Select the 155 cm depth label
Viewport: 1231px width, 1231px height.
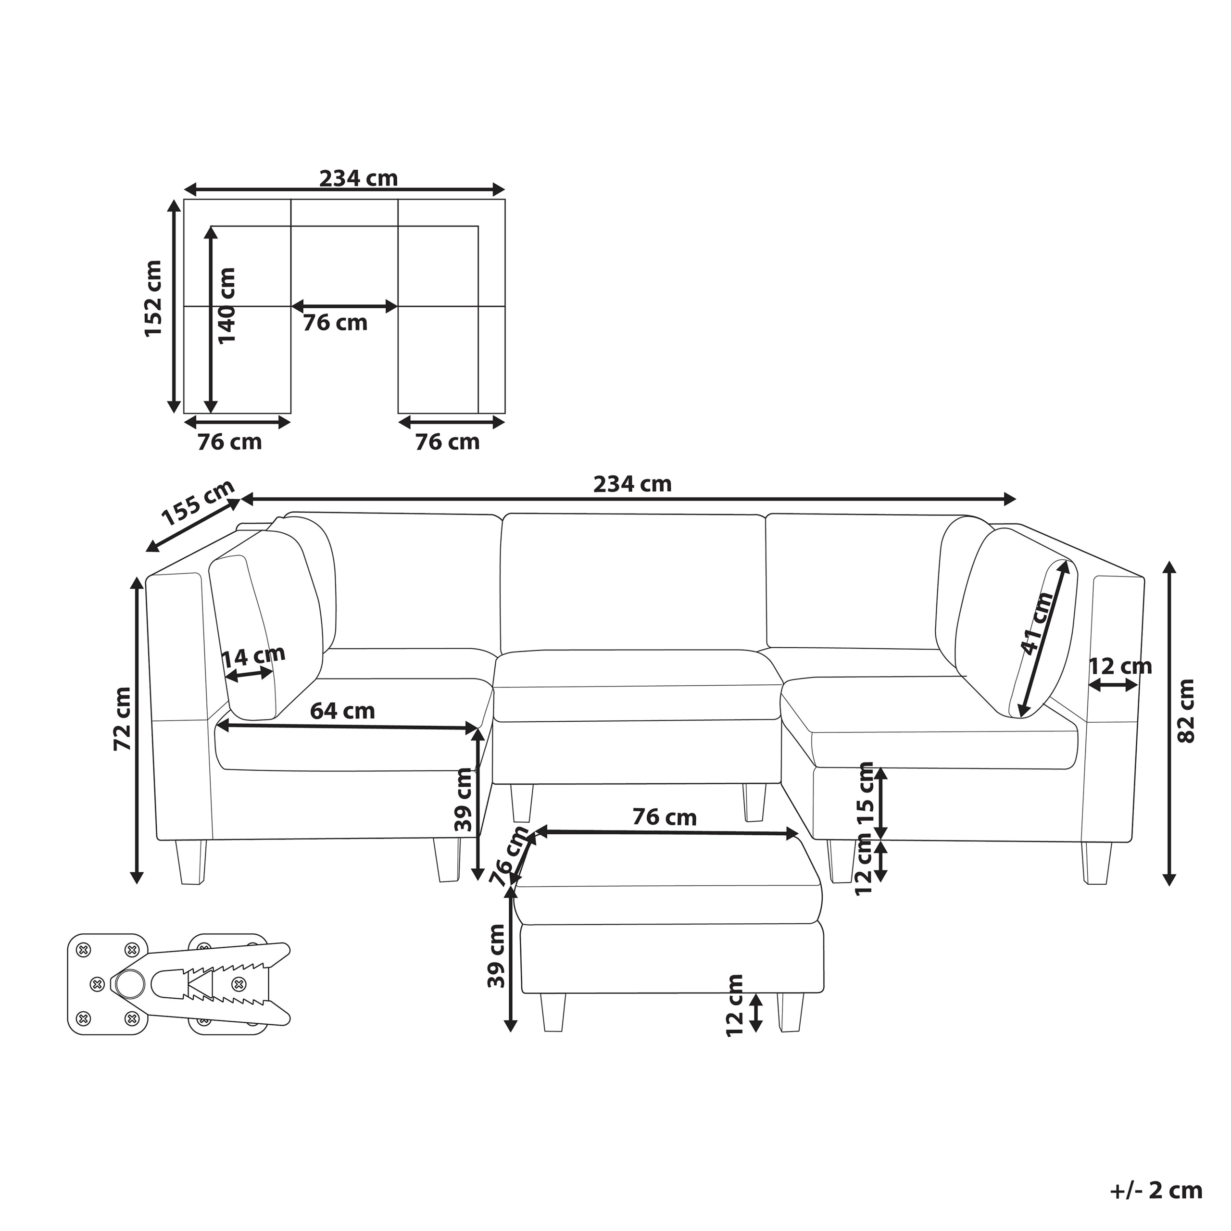pyautogui.click(x=198, y=503)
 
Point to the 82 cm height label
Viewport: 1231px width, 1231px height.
pyautogui.click(x=1186, y=710)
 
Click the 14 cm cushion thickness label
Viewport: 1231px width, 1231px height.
pyautogui.click(x=253, y=657)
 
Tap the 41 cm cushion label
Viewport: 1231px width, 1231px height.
pyautogui.click(x=1037, y=623)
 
